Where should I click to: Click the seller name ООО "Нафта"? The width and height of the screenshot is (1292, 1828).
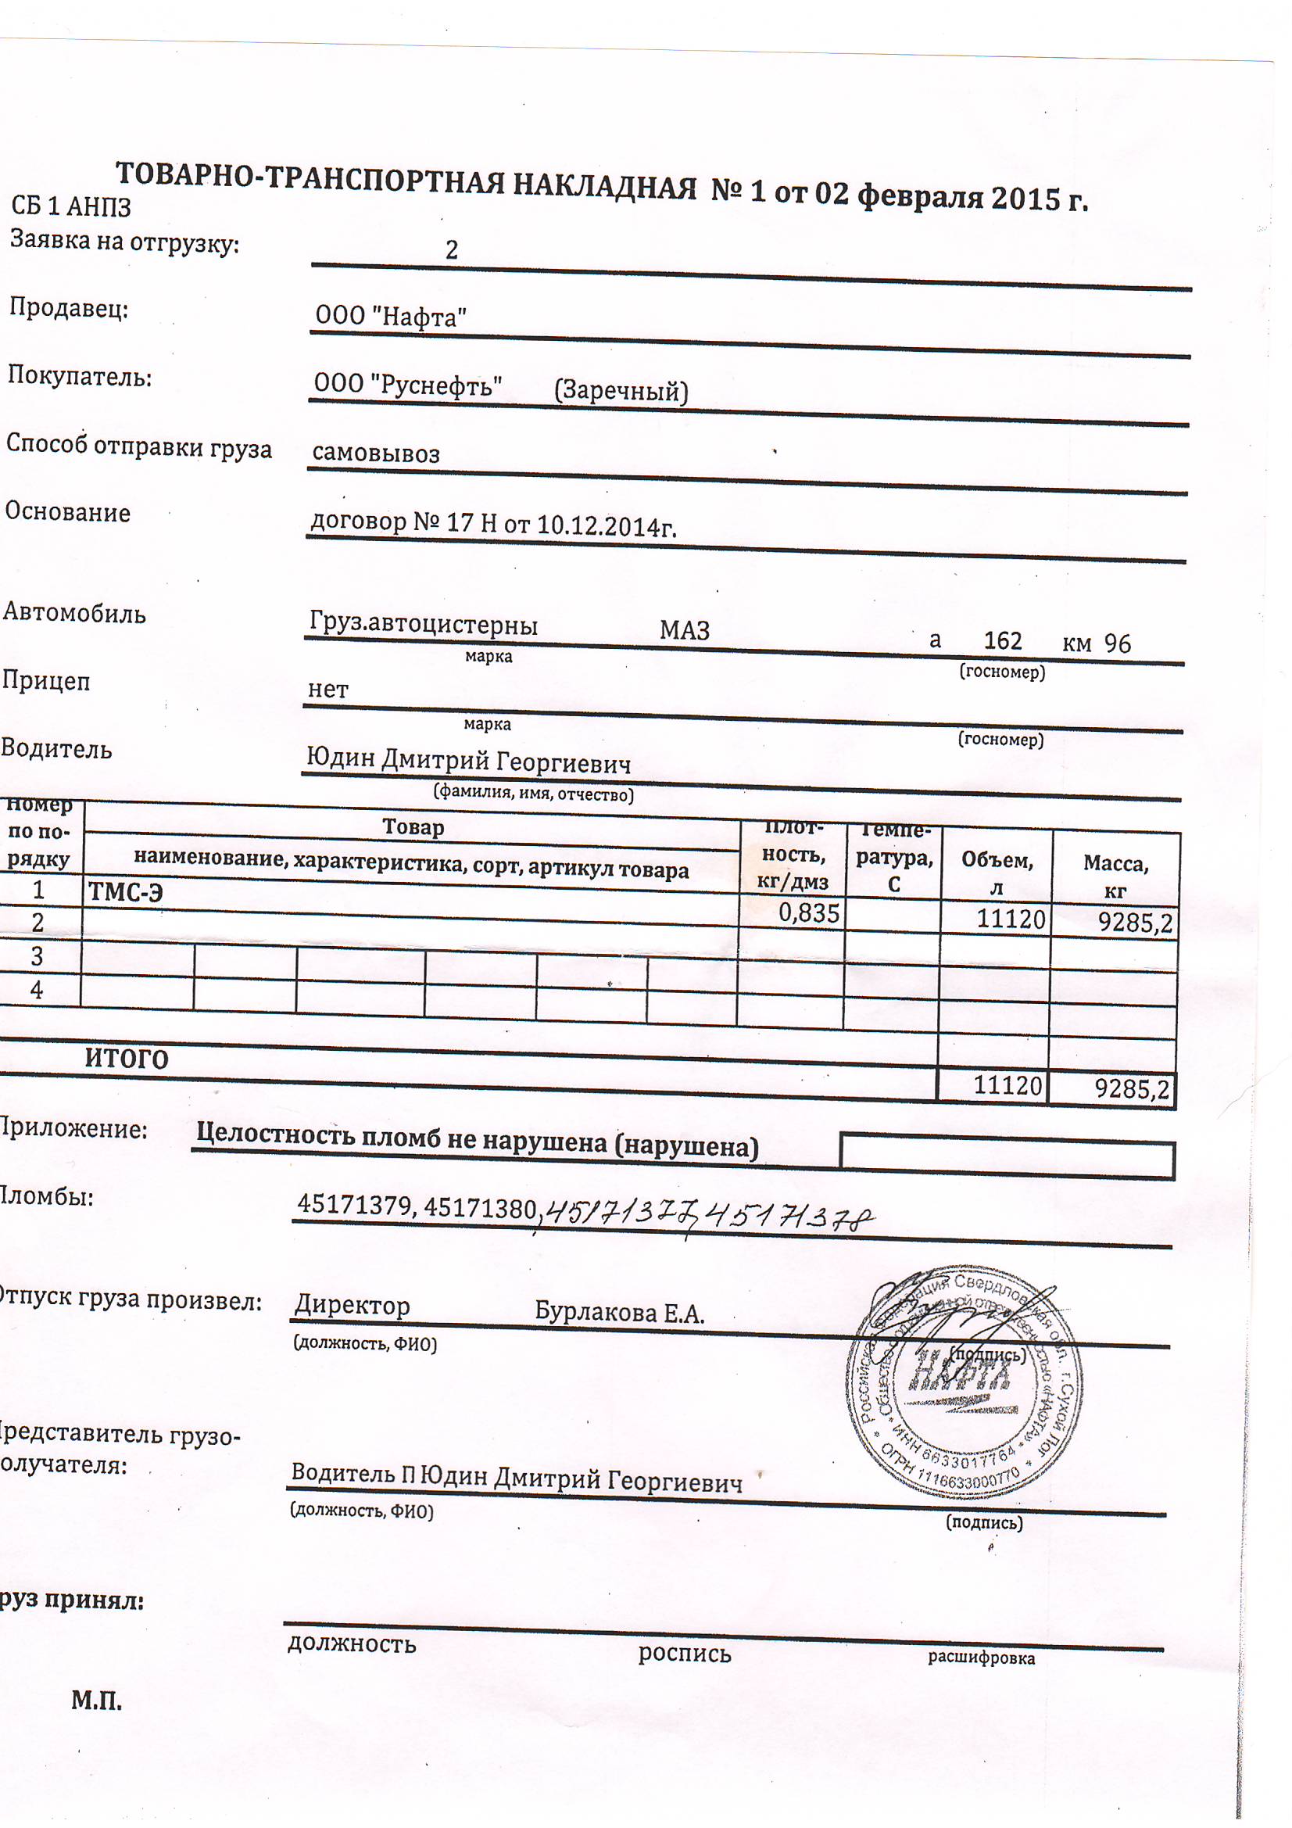pyautogui.click(x=390, y=317)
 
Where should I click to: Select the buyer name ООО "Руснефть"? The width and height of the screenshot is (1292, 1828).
pyautogui.click(x=407, y=385)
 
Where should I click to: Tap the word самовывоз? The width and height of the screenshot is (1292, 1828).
pyautogui.click(x=376, y=453)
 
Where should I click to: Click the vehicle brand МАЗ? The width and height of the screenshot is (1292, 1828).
pyautogui.click(x=684, y=630)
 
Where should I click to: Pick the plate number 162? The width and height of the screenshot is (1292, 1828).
pyautogui.click(x=1002, y=641)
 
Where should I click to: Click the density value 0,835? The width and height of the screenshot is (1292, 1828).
pyautogui.click(x=808, y=913)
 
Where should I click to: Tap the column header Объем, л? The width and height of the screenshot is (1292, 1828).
pyautogui.click(x=997, y=873)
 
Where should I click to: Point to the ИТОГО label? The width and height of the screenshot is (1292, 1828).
pyautogui.click(x=127, y=1059)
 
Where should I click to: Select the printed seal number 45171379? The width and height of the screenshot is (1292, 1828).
pyautogui.click(x=355, y=1204)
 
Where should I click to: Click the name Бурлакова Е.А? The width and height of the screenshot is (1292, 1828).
pyautogui.click(x=619, y=1313)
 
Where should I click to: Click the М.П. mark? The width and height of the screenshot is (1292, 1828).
pyautogui.click(x=96, y=1701)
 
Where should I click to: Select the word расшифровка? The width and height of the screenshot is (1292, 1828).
pyautogui.click(x=981, y=1658)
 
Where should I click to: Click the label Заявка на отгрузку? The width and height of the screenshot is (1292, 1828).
pyautogui.click(x=124, y=242)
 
